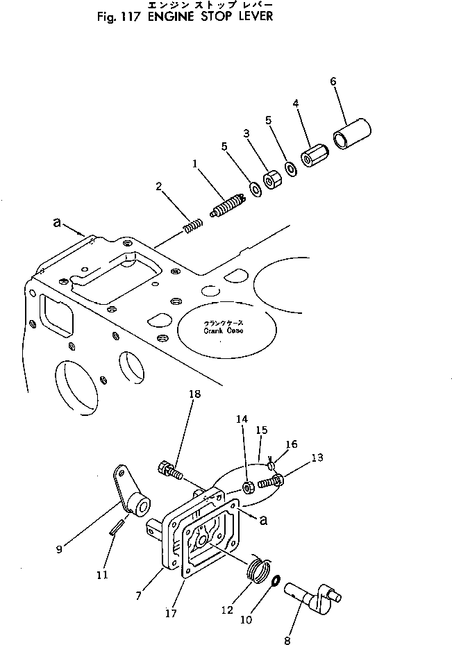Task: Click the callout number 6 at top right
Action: (x=333, y=81)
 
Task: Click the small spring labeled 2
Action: (x=192, y=226)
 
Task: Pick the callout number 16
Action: (x=292, y=444)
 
